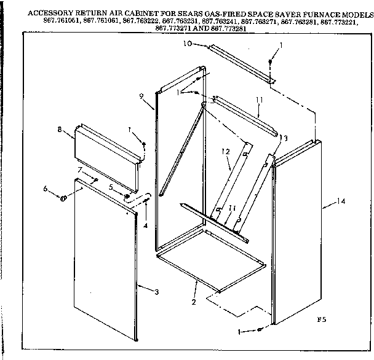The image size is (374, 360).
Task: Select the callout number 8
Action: [60, 131]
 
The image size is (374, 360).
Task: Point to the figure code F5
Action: [320, 319]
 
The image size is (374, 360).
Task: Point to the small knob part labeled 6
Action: [63, 197]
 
